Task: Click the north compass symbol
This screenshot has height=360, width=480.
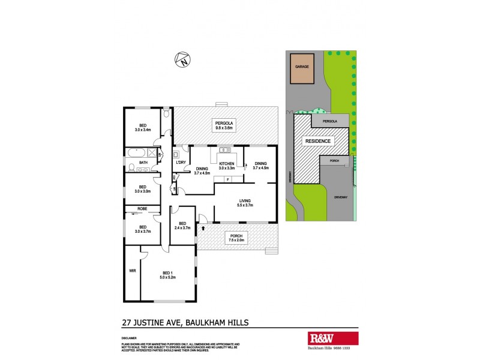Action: click(182, 59)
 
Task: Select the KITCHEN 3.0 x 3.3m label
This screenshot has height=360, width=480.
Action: click(226, 166)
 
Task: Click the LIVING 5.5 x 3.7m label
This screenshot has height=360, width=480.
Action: click(244, 203)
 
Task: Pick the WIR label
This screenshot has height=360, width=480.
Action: click(133, 271)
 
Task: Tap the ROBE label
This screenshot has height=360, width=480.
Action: click(142, 209)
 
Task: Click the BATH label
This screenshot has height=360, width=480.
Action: click(143, 162)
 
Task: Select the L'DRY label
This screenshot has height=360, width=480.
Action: click(179, 163)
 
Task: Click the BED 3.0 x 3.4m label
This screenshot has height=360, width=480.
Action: click(143, 127)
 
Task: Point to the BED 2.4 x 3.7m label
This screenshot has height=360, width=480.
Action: click(181, 226)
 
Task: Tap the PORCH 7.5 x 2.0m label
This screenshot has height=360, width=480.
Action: click(236, 238)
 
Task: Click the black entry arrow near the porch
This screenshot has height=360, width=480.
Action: click(203, 228)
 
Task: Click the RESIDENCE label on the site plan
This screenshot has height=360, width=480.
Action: click(318, 142)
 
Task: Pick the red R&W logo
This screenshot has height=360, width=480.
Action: click(316, 337)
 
